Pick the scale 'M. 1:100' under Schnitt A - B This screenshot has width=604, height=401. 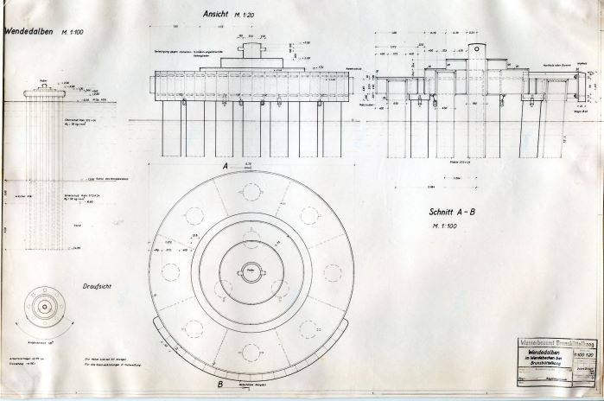tap(451, 227)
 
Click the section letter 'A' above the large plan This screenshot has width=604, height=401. tap(225, 164)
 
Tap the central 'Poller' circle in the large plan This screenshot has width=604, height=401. tap(251, 271)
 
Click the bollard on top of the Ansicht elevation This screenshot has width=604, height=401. tap(251, 50)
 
